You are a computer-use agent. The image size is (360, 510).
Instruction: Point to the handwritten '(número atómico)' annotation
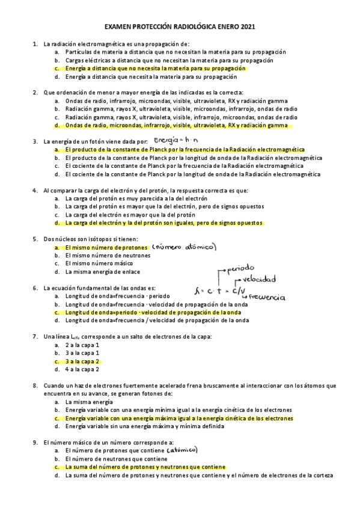(185, 247)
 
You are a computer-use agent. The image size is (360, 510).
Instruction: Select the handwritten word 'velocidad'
(260, 279)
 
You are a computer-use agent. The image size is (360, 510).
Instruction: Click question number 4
(35, 190)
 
